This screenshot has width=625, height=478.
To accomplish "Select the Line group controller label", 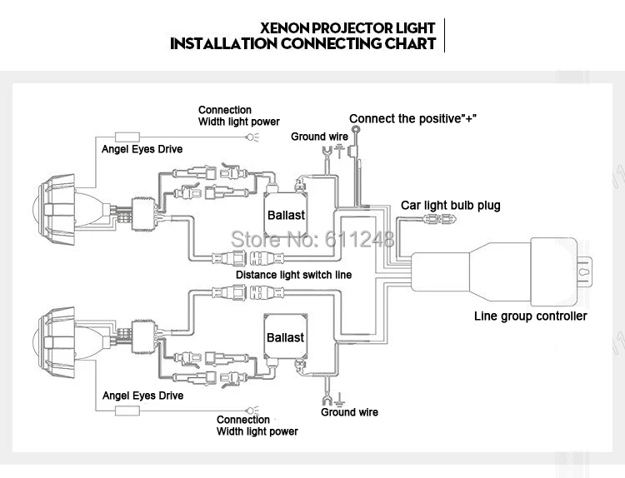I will pos(530,316).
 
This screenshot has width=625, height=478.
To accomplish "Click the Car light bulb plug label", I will pos(450,205).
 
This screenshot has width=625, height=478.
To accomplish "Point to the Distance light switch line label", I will pos(293,275).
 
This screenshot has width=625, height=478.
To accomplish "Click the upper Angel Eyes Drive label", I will pos(142,150).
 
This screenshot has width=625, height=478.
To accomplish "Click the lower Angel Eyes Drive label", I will pos(142,396).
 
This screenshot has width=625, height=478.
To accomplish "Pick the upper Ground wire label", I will pos(319,136).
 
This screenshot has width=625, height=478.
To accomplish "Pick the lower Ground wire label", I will pos(349,412).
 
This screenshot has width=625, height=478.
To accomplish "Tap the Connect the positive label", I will pos(412,118).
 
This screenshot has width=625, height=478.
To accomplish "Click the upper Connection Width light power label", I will pos(238,116).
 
